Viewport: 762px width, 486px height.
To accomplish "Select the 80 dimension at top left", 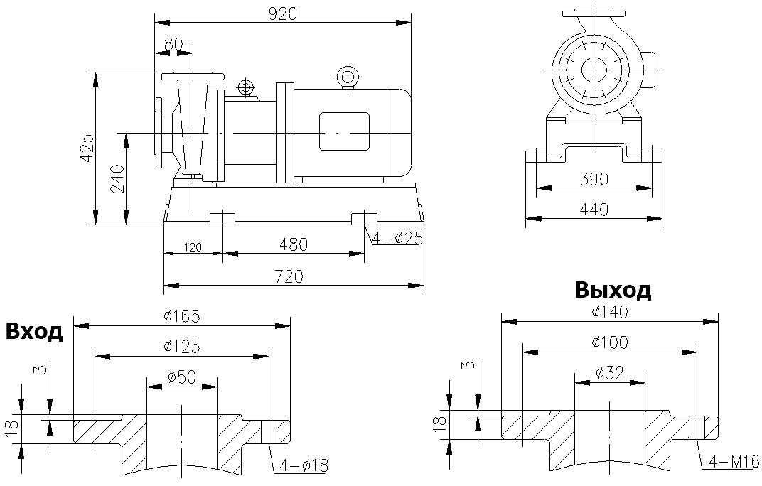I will tap(173, 44).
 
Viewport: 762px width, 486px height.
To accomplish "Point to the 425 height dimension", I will tap(87, 148).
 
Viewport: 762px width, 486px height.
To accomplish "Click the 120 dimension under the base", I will tap(192, 248).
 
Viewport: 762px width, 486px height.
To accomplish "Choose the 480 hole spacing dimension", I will tap(293, 244).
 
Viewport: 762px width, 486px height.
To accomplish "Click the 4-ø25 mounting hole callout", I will tap(395, 239).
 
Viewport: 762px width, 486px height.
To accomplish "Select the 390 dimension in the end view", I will tap(594, 179).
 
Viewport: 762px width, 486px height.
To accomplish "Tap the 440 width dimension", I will tap(594, 209).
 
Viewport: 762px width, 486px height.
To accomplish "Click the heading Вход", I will tap(33, 332).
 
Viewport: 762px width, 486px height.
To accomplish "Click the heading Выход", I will tap(613, 290).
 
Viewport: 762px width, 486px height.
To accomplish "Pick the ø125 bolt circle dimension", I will tap(181, 346).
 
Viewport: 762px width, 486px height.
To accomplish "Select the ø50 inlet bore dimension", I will tap(181, 377).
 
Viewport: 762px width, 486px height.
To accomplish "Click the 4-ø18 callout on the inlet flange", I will tap(304, 466).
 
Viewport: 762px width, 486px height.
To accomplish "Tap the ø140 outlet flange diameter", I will tap(610, 311).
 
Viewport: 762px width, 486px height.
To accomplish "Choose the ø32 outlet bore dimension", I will tap(610, 373).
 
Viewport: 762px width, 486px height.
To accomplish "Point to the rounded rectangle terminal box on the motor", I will tap(344, 131).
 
